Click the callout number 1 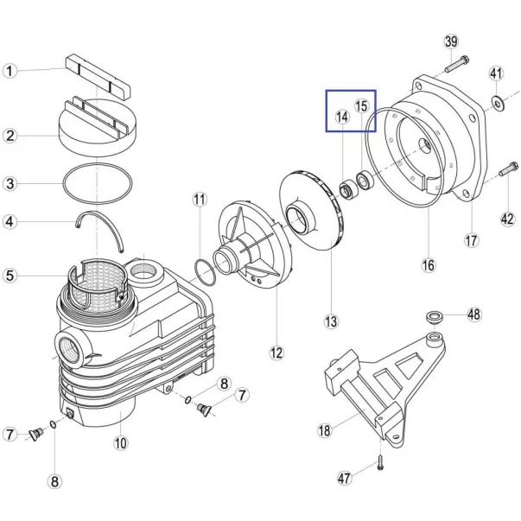[10, 71]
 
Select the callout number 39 [451, 41]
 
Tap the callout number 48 [474, 314]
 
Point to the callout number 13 [331, 321]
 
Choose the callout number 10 [121, 443]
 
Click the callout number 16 [429, 265]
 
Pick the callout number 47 [345, 478]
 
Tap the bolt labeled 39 [457, 65]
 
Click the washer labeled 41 [497, 104]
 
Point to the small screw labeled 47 [381, 462]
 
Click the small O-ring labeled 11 [205, 272]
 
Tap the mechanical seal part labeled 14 [349, 189]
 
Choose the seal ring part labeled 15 [365, 180]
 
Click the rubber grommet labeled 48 [435, 316]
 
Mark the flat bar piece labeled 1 [98, 77]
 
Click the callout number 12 [276, 353]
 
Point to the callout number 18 [325, 430]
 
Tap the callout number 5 [10, 276]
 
